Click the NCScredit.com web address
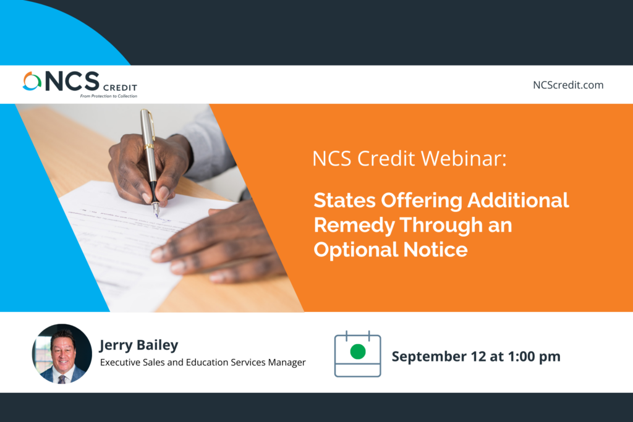[x=568, y=85]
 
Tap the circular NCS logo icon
[x=32, y=81]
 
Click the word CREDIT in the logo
[x=121, y=88]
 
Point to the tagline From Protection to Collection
[x=109, y=96]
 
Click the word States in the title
[x=345, y=200]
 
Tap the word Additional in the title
[x=519, y=200]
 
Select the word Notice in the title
[x=436, y=250]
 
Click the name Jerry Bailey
[x=139, y=345]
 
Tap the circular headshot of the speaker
[x=62, y=353]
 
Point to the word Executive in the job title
[x=117, y=362]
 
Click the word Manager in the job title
[x=287, y=363]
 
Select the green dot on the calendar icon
[x=358, y=352]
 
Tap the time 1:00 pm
[x=534, y=357]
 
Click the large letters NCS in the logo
[x=72, y=81]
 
